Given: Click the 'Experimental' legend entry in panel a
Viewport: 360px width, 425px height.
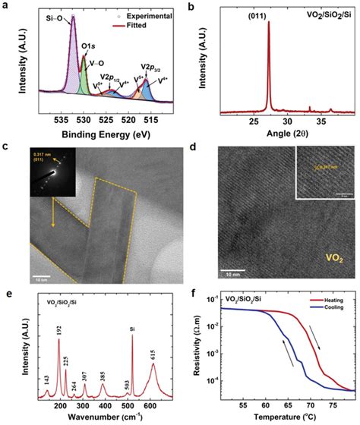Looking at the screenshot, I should pos(146,15).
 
